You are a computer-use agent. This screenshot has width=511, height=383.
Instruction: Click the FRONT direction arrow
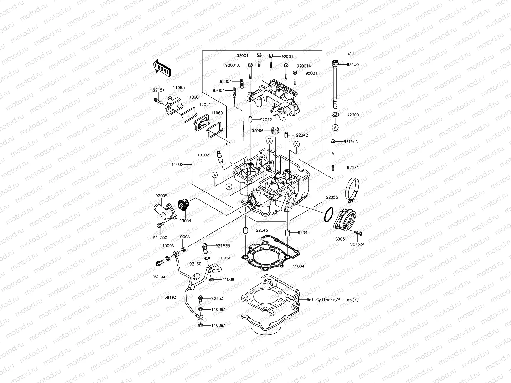point(162,69)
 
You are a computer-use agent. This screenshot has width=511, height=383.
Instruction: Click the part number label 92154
point(158,90)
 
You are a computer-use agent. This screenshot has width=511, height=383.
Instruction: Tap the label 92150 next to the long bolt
point(353,65)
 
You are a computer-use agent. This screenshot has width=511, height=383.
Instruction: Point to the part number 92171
point(353,167)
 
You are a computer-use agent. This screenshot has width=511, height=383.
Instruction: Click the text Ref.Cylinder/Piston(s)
point(332,300)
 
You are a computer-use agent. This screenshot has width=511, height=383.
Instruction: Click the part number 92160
point(195,264)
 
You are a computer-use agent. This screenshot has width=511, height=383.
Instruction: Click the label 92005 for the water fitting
point(162,196)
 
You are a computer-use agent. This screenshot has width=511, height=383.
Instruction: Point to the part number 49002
point(203,155)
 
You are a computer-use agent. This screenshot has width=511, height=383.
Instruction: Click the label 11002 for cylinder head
point(178,164)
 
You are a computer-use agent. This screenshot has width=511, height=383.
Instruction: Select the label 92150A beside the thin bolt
point(351,141)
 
